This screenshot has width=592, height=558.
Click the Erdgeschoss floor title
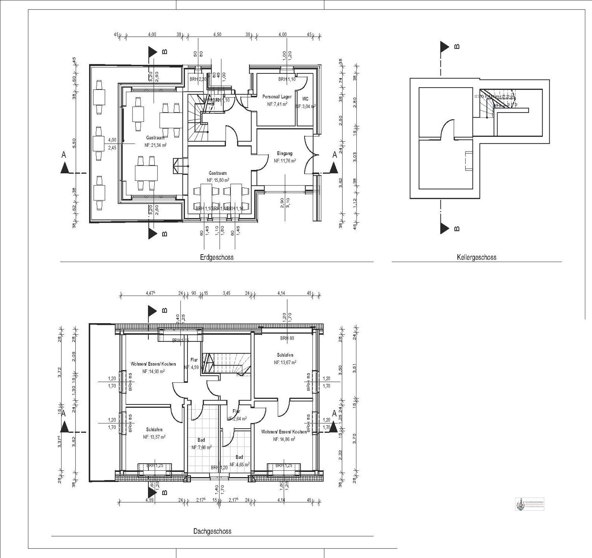point(216,257)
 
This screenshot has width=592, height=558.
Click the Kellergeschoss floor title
point(476,257)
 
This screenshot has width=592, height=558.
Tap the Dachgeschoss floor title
point(212,531)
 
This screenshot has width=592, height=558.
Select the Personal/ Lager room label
point(277,97)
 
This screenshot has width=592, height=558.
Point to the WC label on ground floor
point(305,99)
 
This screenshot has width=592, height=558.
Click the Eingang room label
point(285,154)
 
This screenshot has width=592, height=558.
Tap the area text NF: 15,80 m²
point(217,180)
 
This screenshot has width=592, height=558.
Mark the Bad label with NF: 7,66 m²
point(201,440)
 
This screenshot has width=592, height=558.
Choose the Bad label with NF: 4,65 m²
point(239,457)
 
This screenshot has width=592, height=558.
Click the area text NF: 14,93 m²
point(154,371)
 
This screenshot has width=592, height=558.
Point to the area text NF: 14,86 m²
point(284,439)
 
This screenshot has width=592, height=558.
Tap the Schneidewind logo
point(529,504)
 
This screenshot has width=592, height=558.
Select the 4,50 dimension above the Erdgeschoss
point(217,34)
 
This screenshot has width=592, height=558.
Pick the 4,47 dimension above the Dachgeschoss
point(150,293)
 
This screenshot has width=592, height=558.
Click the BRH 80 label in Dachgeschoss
point(287,338)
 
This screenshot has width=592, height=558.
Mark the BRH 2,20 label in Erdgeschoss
point(198,79)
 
